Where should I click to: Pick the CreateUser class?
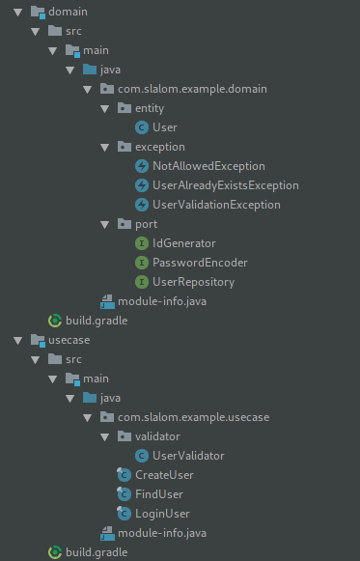(164, 475)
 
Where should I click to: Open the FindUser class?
(158, 494)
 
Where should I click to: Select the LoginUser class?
(162, 514)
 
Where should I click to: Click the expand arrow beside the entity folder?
(105, 108)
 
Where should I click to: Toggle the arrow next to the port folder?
(105, 224)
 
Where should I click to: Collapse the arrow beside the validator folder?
(105, 436)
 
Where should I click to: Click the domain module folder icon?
(37, 12)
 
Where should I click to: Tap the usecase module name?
(68, 340)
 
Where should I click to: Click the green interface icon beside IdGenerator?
(143, 243)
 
